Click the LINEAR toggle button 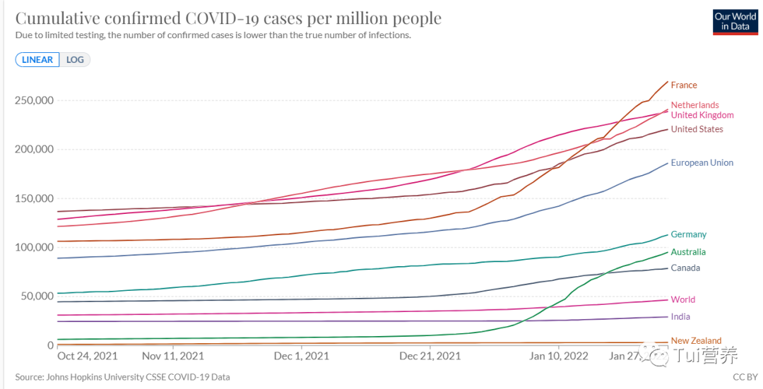coord(37,60)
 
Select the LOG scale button coord(75,60)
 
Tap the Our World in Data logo coord(735,21)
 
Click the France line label coord(684,85)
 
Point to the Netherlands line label coord(694,105)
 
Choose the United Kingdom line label coord(702,115)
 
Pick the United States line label coord(697,129)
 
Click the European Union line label coord(702,163)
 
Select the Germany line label coord(689,234)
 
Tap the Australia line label coord(688,252)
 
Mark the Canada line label coord(685,268)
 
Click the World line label coord(683,299)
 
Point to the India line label coord(680,317)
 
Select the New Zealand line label coord(696,341)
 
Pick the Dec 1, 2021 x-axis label coord(302,357)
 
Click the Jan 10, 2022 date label coord(559,357)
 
